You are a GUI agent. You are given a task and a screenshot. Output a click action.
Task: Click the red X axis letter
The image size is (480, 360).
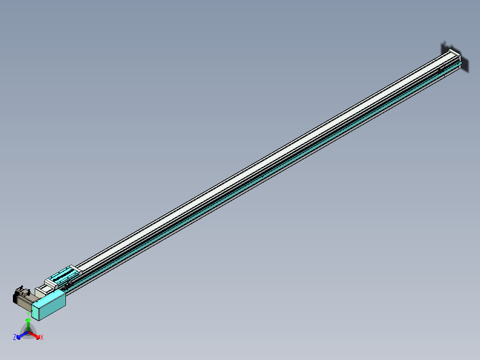[42, 338]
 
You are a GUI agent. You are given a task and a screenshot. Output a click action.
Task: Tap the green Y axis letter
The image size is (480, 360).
[28, 314]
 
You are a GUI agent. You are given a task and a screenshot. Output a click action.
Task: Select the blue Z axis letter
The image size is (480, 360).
[15, 337]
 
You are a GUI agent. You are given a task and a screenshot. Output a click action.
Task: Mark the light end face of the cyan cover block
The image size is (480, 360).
[36, 310]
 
